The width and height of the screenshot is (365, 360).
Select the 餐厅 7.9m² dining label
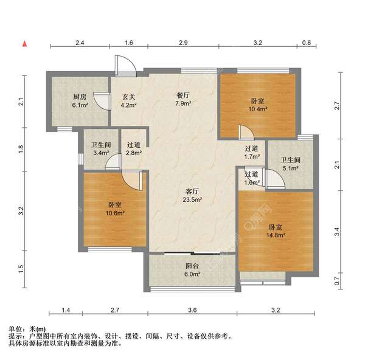click(x=183, y=100)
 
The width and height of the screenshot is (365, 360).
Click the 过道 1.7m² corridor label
click(x=252, y=153)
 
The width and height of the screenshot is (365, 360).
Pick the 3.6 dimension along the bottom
click(x=192, y=311)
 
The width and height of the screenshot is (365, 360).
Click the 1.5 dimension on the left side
click(x=21, y=268)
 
